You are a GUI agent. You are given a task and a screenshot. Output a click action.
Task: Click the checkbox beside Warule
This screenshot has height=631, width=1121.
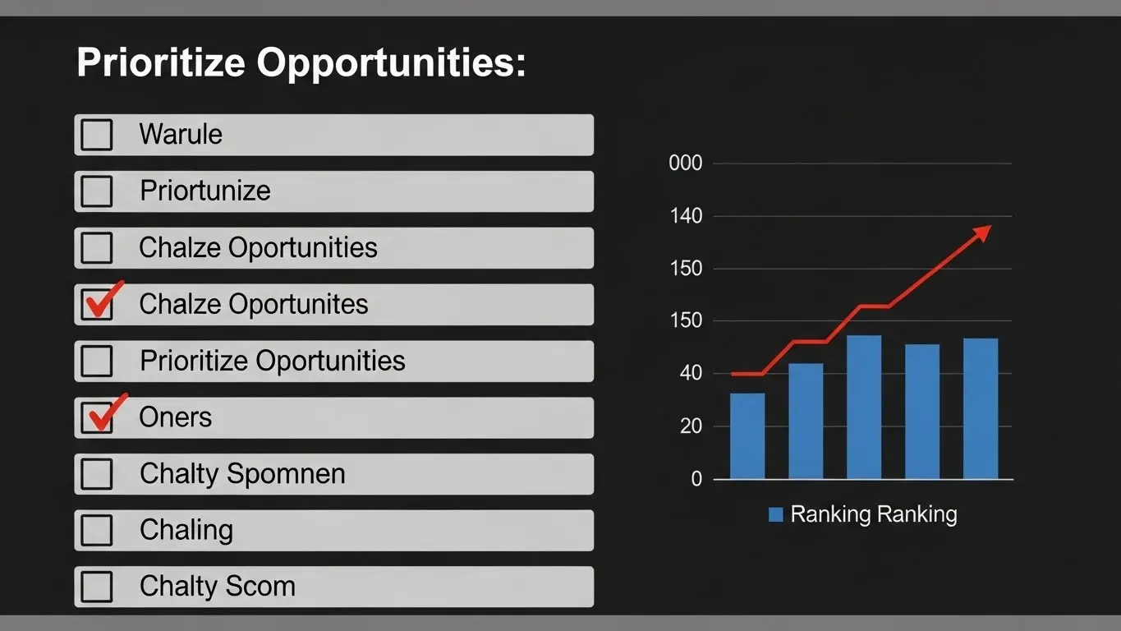[97, 135]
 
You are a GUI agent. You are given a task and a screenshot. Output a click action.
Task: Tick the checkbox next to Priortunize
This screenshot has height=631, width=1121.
[97, 191]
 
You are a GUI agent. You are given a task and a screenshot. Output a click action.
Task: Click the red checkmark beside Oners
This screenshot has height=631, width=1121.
[107, 412]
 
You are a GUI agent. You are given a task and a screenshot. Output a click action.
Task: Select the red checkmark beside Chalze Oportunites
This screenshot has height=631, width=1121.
[104, 299]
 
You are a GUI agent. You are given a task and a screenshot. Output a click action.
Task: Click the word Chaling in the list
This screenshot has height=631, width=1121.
[186, 530]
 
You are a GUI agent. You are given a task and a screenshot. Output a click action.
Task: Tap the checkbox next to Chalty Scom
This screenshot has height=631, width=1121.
[97, 587]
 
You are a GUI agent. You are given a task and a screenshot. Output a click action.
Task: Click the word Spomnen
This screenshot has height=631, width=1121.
[286, 474]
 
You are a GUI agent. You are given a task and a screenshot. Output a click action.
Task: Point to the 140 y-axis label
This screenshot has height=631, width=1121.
[686, 216]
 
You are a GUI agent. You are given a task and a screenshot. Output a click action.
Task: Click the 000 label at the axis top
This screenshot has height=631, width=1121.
[686, 164]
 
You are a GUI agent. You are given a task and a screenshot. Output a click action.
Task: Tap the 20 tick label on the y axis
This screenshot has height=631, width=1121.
[691, 426]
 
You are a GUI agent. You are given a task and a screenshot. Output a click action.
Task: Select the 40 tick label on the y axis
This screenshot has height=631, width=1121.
[691, 373]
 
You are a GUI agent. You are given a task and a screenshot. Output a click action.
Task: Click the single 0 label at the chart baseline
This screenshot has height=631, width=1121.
[696, 479]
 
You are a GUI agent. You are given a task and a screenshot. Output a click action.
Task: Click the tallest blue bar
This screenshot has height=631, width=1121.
[864, 408]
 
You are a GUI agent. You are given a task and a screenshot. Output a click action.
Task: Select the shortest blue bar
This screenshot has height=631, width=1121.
[747, 436]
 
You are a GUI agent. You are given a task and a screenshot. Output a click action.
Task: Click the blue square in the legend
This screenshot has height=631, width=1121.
[776, 515]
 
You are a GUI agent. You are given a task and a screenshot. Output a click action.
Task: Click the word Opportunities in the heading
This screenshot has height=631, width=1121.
[391, 63]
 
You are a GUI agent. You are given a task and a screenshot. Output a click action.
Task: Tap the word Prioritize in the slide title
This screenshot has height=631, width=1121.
[161, 62]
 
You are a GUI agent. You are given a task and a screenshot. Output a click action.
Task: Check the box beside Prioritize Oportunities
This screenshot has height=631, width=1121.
[97, 361]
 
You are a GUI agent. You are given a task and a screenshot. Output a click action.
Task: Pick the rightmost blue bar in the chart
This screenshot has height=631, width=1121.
[981, 408]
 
